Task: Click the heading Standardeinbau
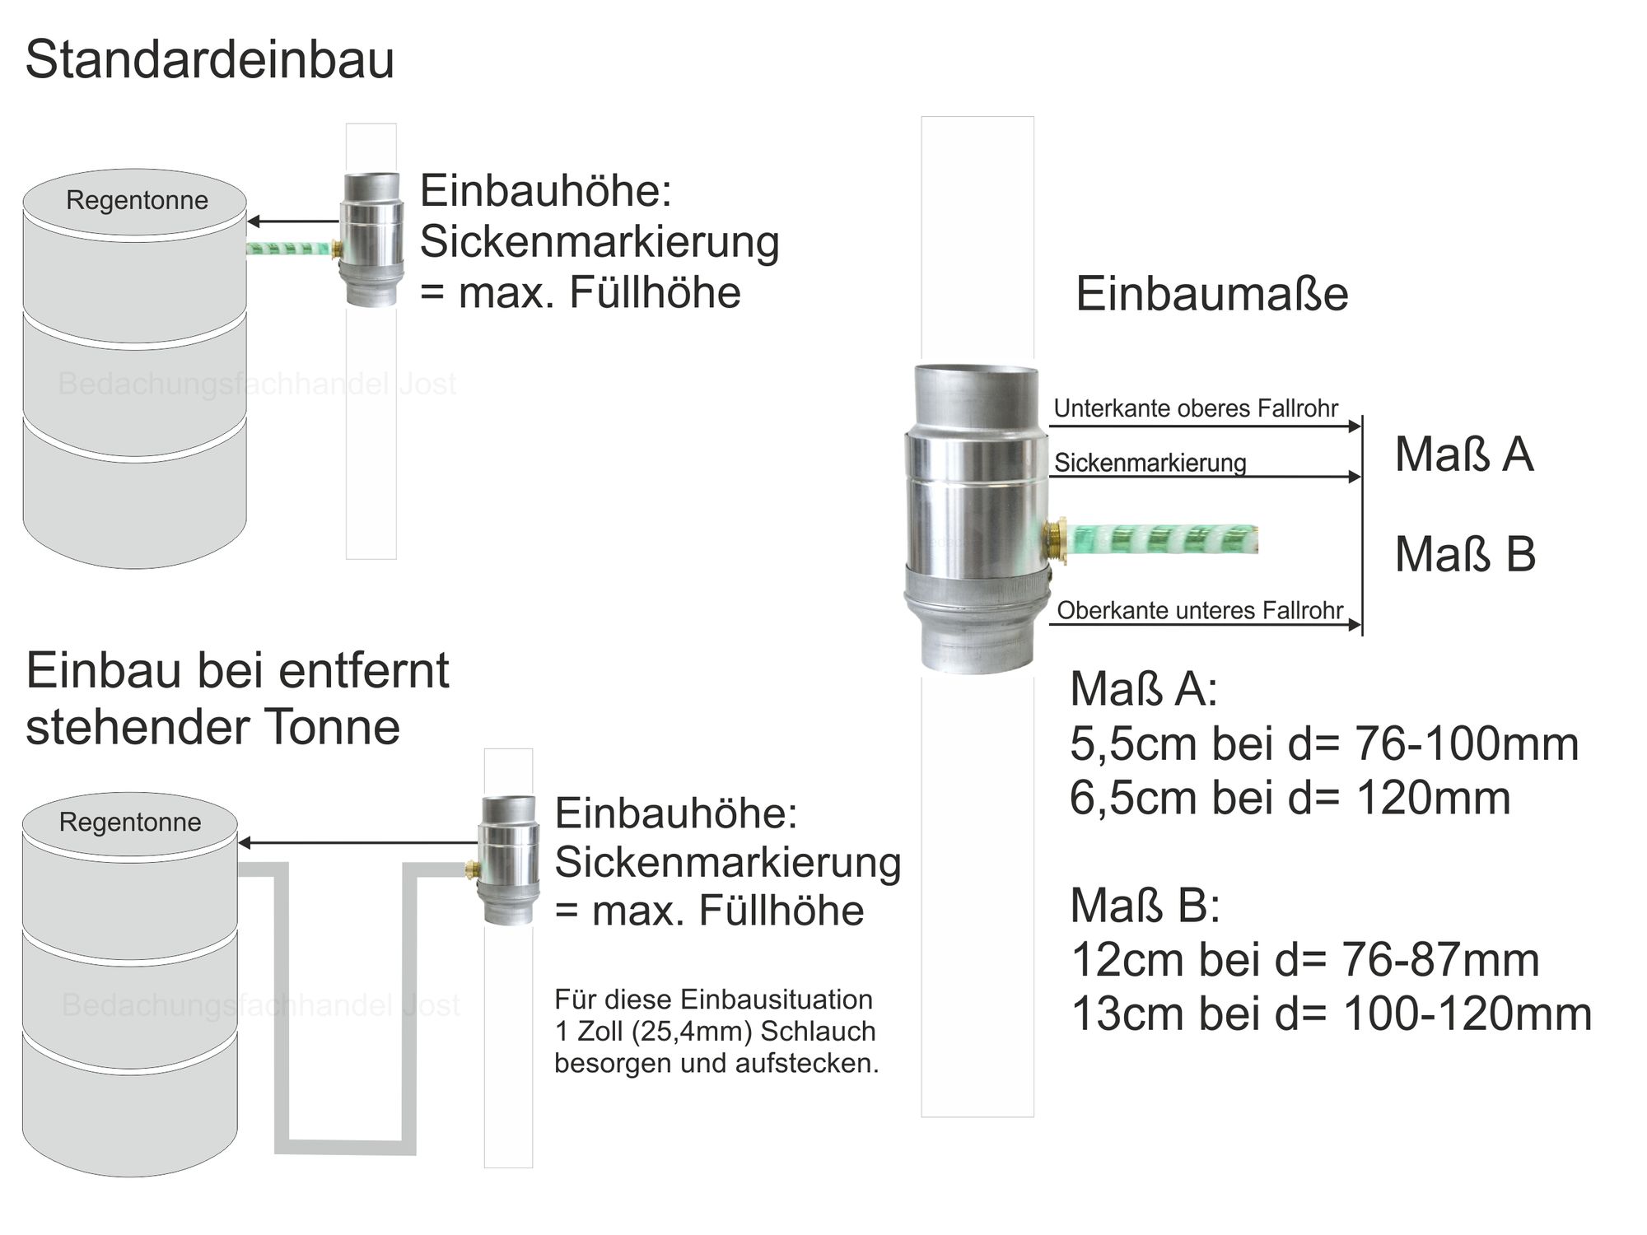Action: (210, 60)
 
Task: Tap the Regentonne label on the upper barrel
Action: (138, 200)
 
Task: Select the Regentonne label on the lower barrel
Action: (130, 822)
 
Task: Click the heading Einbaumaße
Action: (1212, 294)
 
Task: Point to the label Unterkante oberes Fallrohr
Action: (1196, 408)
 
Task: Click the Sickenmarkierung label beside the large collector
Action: (1150, 463)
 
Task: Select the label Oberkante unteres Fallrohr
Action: (1200, 610)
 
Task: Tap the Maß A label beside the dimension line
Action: (1464, 454)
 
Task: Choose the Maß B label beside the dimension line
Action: (1465, 553)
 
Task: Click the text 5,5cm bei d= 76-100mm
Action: (1324, 743)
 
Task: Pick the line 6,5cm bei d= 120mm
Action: (1290, 797)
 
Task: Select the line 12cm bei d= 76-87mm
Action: (1305, 959)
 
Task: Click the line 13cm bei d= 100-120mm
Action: (1332, 1014)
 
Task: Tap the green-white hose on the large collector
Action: (1163, 539)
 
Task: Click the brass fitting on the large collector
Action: (1054, 540)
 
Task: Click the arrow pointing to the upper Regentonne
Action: (293, 221)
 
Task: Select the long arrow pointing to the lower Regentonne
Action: (357, 842)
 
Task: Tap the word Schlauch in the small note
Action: (818, 1031)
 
